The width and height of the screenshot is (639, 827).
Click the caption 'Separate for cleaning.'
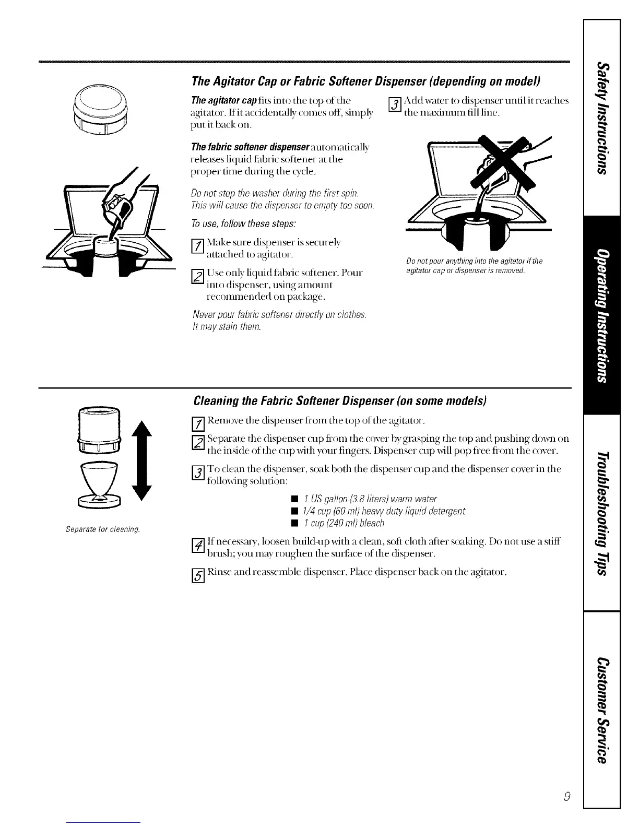[x=102, y=530]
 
